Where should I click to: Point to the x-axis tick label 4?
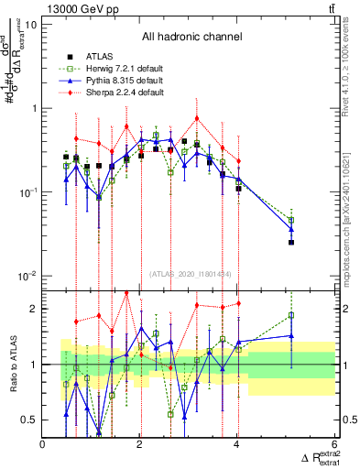tap(237, 444)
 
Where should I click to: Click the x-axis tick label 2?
tap(140, 444)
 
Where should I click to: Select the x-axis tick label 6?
tap(335, 444)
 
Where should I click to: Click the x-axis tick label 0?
tap(43, 444)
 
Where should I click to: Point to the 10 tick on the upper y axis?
tap(31, 24)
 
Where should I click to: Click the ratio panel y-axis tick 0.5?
tap(28, 420)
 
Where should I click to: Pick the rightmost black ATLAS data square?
tap(291, 242)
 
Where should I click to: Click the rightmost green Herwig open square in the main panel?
tap(291, 221)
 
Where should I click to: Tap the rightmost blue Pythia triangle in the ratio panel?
tap(291, 336)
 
